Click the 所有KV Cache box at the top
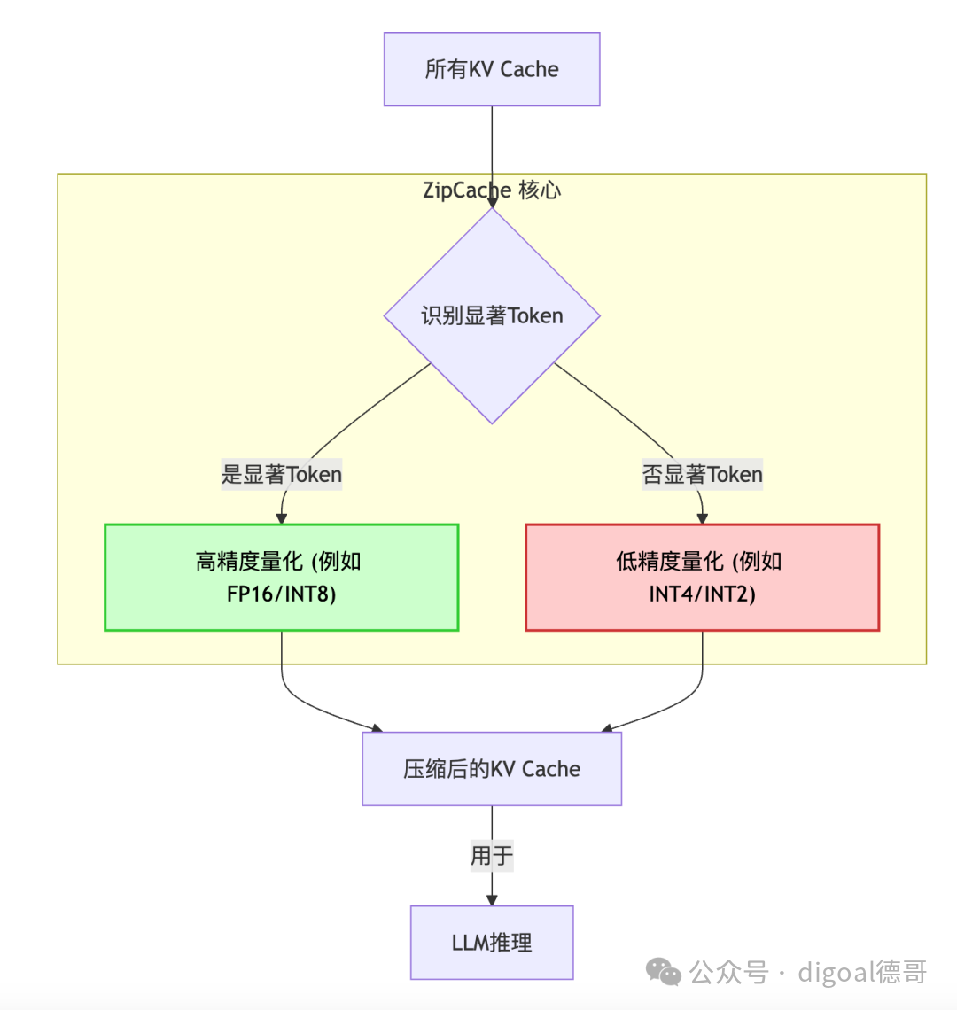(492, 69)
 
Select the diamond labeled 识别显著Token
(492, 315)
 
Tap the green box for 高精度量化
(281, 577)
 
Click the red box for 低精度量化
(702, 577)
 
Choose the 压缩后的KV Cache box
(492, 769)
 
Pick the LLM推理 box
(492, 942)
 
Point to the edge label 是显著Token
(281, 475)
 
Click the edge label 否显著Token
(702, 475)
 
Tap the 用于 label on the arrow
(492, 856)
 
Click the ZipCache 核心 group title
(492, 190)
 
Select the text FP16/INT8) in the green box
(281, 594)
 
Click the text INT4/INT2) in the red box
(702, 594)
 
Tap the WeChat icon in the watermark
(665, 972)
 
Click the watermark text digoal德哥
(862, 972)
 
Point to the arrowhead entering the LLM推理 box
(492, 899)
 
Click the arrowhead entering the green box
(282, 518)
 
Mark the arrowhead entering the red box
(703, 518)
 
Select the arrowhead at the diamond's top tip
(492, 202)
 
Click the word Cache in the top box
(530, 69)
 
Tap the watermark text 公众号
(728, 972)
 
